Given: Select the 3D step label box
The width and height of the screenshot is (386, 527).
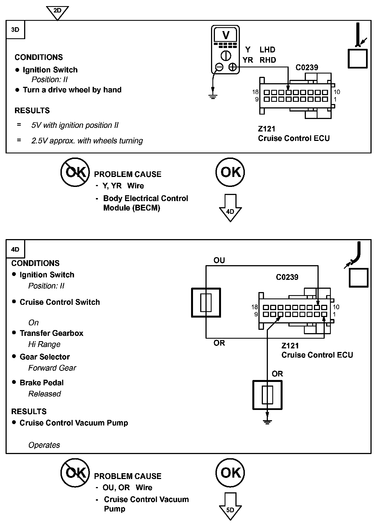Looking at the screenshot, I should coord(15,29).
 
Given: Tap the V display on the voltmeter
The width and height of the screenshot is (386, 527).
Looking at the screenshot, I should coord(226,35).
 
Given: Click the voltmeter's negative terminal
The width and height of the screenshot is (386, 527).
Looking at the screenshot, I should coord(219,67).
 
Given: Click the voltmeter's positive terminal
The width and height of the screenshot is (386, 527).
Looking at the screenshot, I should coord(232,67).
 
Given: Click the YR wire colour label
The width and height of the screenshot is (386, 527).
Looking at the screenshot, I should coord(248,60).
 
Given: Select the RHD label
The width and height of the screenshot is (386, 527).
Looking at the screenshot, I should coord(268,60).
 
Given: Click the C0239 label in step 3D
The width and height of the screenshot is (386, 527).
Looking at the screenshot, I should coord(307,67).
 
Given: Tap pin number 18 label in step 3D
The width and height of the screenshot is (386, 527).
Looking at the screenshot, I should coord(255,92).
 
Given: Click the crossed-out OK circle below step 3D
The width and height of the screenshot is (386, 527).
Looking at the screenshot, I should coord(75,172).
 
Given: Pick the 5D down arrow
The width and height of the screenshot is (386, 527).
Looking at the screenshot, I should coord(230,506).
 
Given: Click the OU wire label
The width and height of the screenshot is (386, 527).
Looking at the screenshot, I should coord(219,260).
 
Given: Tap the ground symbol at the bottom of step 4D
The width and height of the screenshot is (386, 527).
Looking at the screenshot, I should coord(267,422).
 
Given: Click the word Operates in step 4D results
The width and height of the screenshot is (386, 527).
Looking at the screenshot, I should coord(44,445).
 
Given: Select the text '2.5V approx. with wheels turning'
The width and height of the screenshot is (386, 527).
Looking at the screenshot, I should coord(87,141).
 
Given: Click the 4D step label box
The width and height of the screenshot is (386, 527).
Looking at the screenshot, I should coord(15,249).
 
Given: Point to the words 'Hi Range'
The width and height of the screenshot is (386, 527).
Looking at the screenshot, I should coord(44,344).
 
